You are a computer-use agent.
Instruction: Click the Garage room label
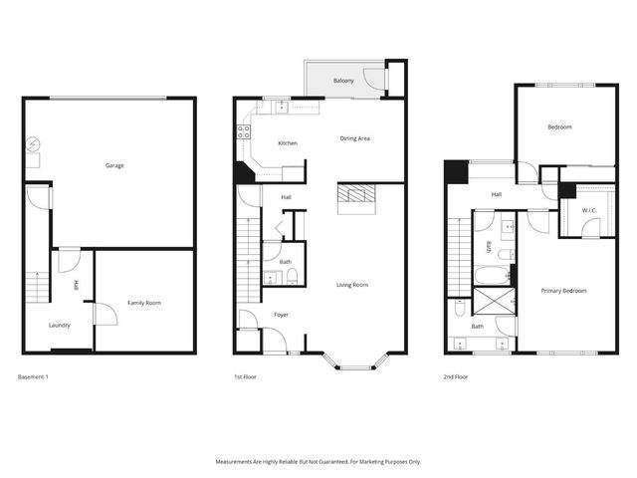click(x=114, y=165)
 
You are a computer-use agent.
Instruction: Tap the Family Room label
click(x=144, y=303)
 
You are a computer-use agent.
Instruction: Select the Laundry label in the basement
click(x=60, y=325)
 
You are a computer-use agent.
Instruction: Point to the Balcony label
click(x=343, y=80)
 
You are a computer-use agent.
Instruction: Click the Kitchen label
click(x=288, y=143)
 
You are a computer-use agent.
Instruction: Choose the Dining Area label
click(x=355, y=138)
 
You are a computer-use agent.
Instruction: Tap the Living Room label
click(x=353, y=285)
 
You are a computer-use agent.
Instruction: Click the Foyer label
click(x=282, y=315)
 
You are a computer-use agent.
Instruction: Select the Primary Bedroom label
click(x=563, y=291)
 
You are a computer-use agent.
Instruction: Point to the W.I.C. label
click(x=576, y=210)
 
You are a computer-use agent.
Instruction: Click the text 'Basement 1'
click(x=34, y=377)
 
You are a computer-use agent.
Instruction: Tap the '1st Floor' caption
click(x=245, y=377)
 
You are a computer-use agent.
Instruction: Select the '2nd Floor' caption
click(x=455, y=377)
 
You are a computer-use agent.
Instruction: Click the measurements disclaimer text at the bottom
click(x=318, y=461)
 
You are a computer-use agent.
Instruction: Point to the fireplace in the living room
click(x=357, y=197)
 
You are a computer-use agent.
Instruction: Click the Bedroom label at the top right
click(x=559, y=127)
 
